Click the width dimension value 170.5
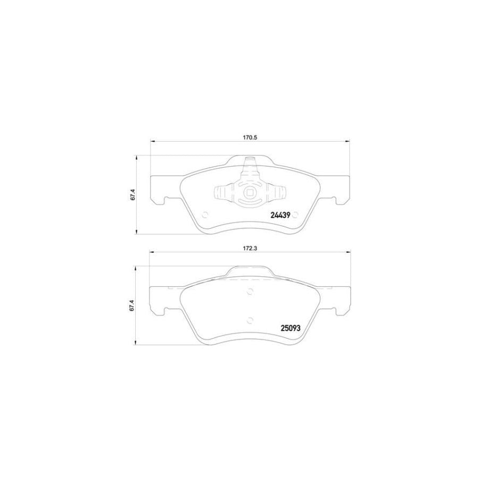(x=250, y=137)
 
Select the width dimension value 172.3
(x=250, y=248)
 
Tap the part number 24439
(x=280, y=216)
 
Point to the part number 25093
(x=291, y=328)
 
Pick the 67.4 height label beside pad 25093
(x=133, y=307)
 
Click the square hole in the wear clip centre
(x=250, y=194)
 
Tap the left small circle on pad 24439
(x=205, y=216)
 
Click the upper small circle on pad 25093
(x=250, y=291)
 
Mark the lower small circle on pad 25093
(x=250, y=319)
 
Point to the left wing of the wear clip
(x=221, y=193)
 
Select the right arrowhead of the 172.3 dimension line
(x=348, y=252)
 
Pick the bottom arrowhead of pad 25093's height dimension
(x=138, y=342)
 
